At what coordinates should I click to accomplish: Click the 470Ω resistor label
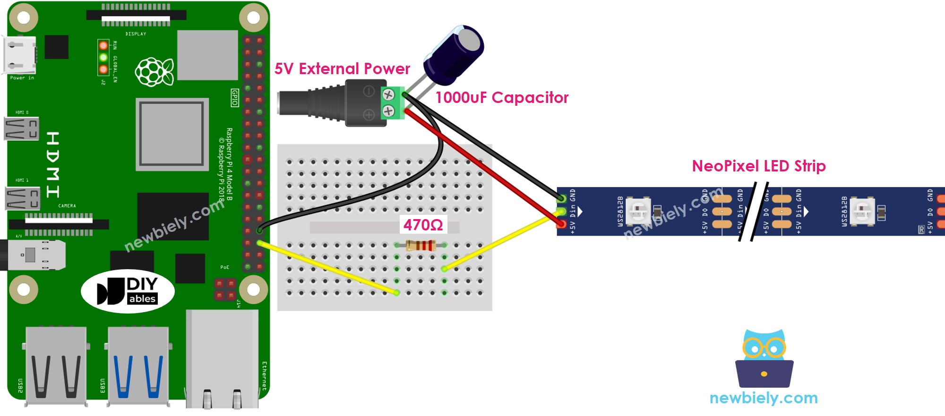coord(423,225)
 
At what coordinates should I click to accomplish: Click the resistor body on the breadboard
coord(421,245)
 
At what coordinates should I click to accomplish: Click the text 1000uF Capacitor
coord(501,98)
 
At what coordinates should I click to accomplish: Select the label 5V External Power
coord(342,69)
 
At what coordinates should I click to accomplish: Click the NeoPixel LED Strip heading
coord(758,166)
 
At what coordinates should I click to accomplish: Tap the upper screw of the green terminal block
coord(388,94)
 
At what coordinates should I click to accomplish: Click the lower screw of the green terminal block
coord(388,111)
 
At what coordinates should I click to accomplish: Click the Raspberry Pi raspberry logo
coord(154,72)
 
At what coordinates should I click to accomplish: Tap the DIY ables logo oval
coord(128,291)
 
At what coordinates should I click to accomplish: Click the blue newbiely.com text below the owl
coord(763,398)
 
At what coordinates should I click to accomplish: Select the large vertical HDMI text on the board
coord(53,165)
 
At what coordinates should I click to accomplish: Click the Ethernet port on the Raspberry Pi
coord(223,359)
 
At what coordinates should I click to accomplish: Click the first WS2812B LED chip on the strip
coord(638,211)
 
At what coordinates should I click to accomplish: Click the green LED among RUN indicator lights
coord(103,58)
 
